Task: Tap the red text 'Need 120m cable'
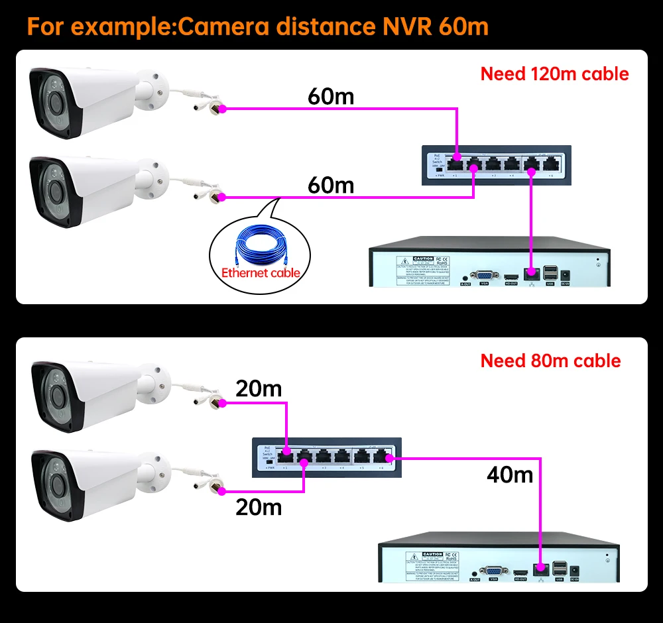point(554,74)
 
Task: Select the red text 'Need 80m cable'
point(550,361)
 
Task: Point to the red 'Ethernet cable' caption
point(261,272)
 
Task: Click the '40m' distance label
point(509,475)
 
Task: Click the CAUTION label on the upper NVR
point(423,259)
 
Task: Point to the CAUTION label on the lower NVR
point(432,553)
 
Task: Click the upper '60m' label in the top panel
point(331,97)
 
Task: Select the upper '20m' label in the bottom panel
point(259,388)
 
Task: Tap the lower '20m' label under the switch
point(259,508)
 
